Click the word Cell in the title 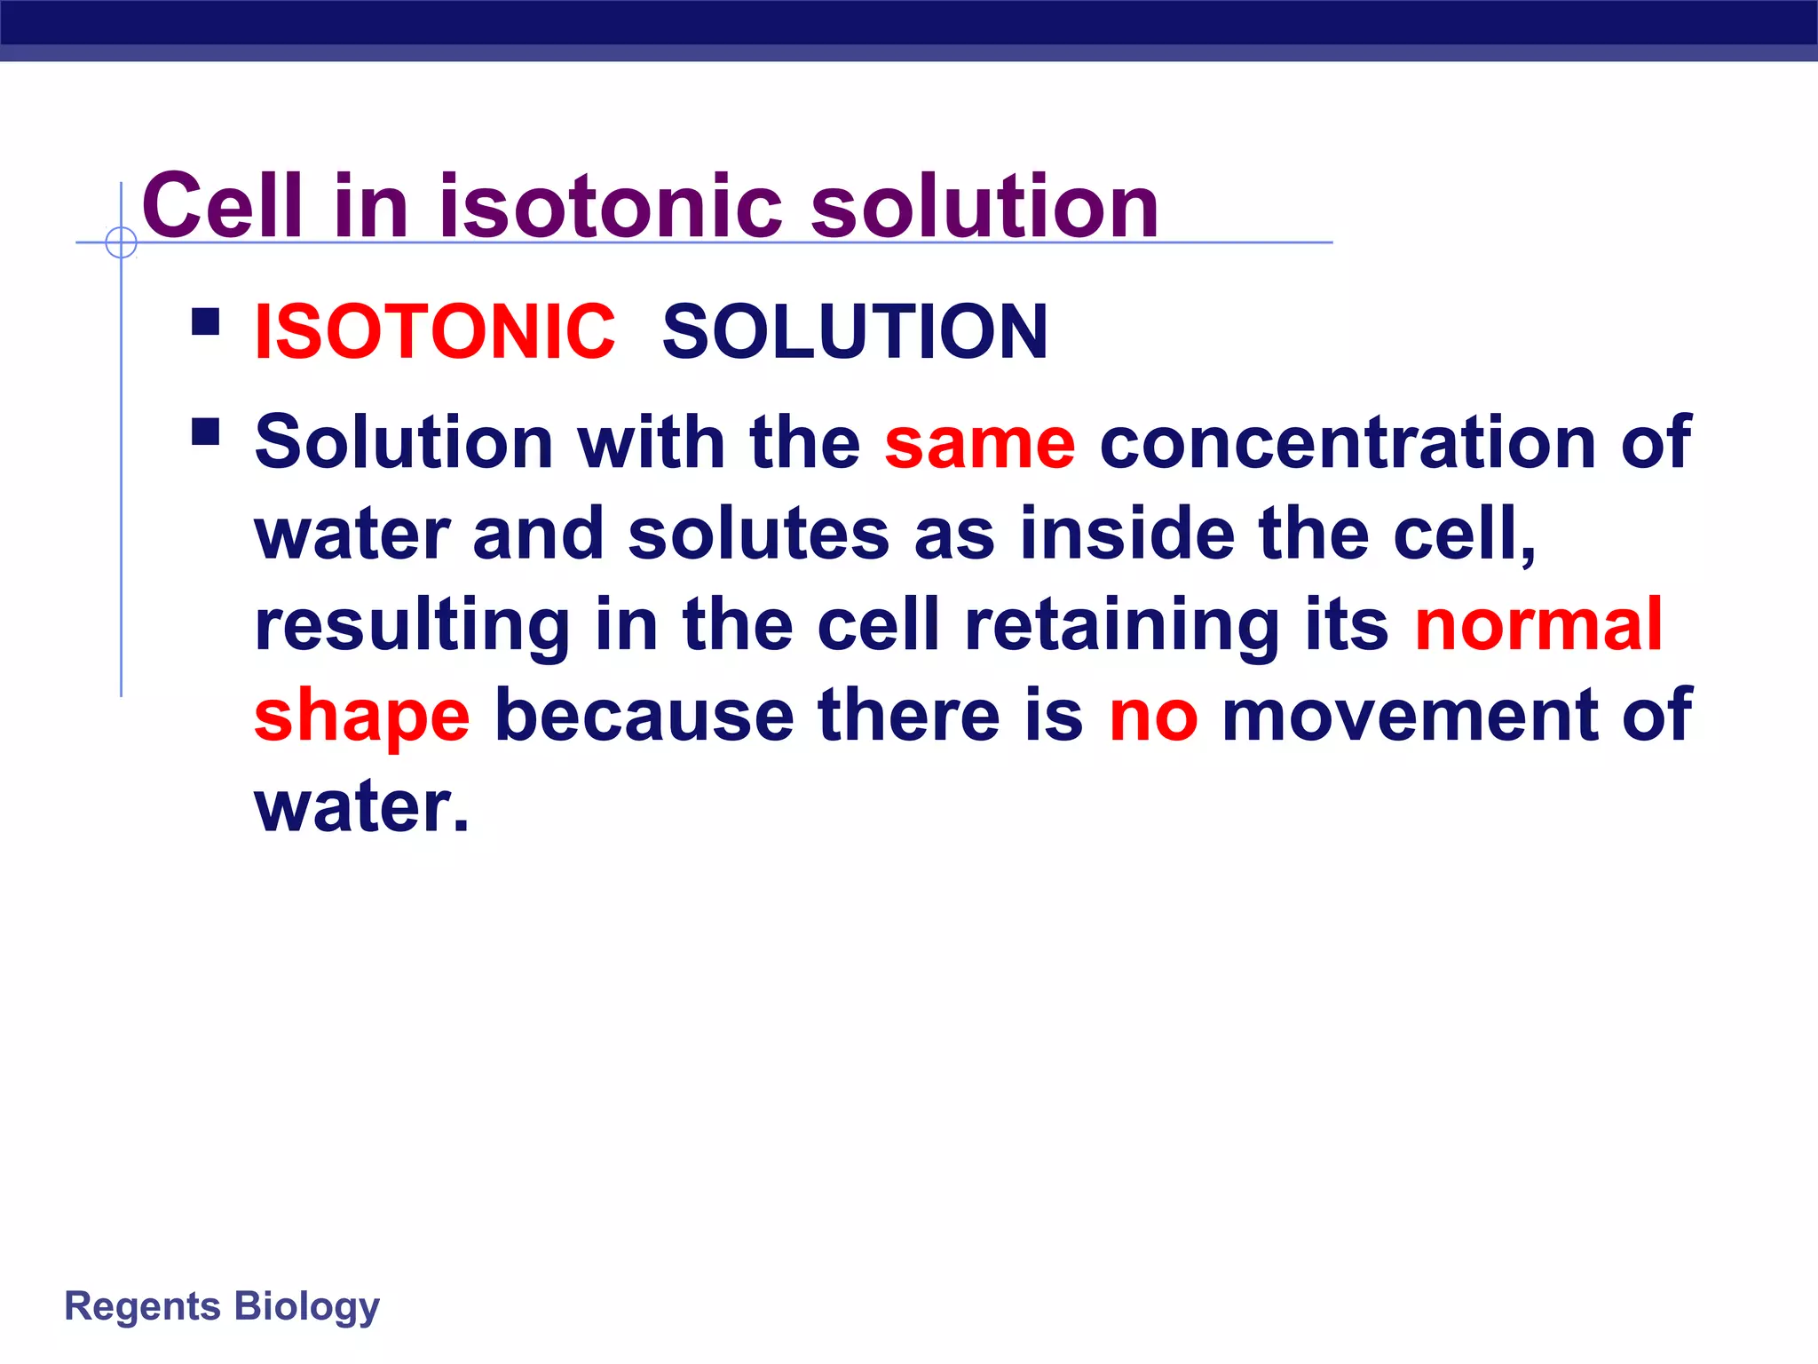(223, 206)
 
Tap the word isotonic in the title (612, 206)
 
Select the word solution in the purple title (984, 206)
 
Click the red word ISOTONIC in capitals (434, 332)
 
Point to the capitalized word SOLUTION (855, 332)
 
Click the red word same (980, 443)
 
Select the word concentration (1348, 443)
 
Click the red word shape (362, 718)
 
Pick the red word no (1153, 716)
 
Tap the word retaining (1121, 626)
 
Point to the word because (644, 716)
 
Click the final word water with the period (361, 807)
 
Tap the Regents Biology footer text (222, 1306)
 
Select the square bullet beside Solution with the (205, 432)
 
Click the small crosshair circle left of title (121, 242)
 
